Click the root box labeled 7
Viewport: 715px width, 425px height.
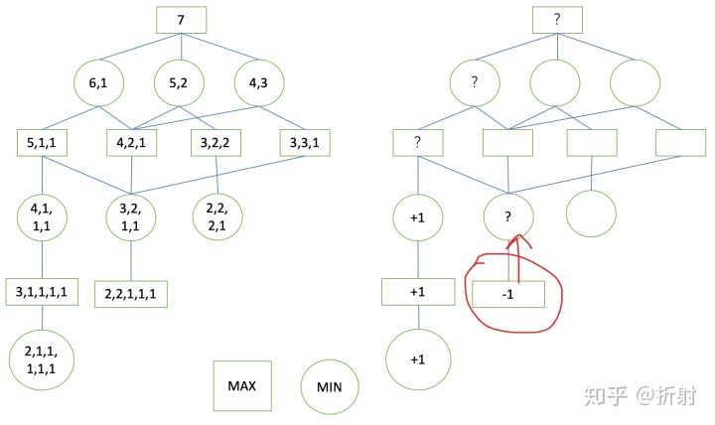click(181, 20)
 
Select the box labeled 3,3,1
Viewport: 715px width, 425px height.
click(304, 144)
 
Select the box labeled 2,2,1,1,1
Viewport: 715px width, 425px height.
click(132, 293)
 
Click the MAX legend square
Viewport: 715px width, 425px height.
click(241, 384)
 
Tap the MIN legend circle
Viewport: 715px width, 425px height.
click(329, 385)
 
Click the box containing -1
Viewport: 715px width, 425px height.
click(508, 293)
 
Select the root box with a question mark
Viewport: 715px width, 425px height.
click(557, 20)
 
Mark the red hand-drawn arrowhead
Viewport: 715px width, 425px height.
click(517, 241)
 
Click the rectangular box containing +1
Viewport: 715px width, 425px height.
click(417, 293)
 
